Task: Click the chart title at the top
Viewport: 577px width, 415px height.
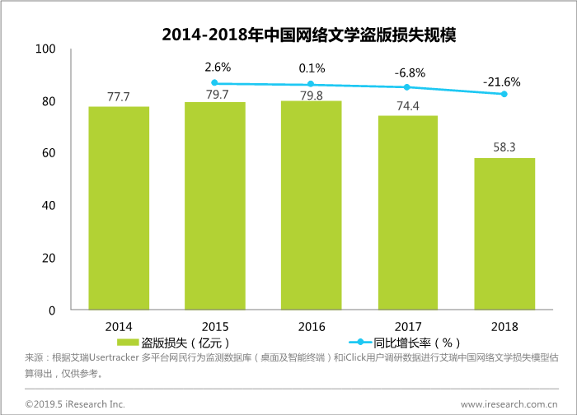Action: coord(308,34)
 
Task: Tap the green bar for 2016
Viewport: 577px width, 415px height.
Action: coord(311,205)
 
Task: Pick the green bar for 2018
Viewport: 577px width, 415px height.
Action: coord(504,234)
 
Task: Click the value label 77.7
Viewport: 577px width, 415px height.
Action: coord(119,97)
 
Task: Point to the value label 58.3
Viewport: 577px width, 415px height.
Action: coord(504,148)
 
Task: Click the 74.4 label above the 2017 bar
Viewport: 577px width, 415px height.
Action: coord(407,106)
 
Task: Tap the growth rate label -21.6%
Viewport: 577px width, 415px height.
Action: coord(503,81)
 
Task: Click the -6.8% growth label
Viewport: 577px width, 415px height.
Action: coord(409,72)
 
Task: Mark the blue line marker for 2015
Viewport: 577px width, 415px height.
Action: coord(215,82)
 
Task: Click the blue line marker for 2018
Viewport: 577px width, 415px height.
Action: coord(504,94)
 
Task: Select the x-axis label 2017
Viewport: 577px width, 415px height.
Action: coord(408,326)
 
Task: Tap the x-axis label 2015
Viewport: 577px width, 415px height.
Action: coord(215,326)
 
